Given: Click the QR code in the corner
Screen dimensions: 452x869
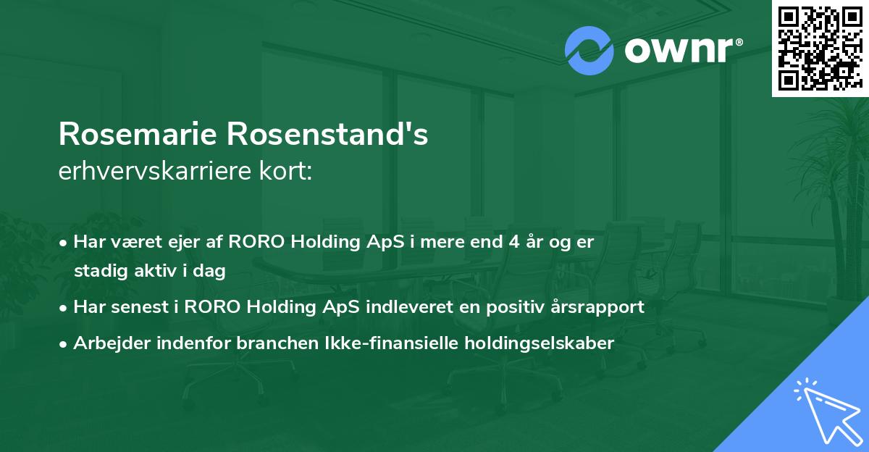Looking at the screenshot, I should (820, 49).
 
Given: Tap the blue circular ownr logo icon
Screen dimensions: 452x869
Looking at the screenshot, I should (589, 51).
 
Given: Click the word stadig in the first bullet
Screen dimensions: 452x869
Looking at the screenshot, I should (98, 272).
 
